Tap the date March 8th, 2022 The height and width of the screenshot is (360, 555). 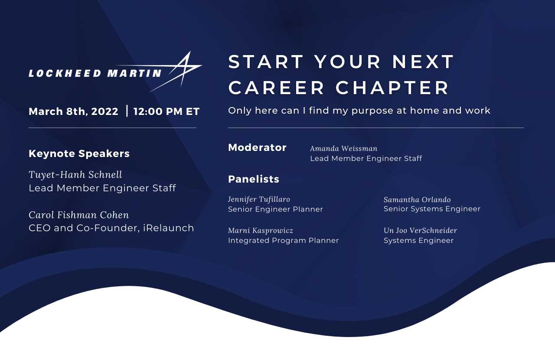point(73,111)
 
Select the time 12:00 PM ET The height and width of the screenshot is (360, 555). point(166,111)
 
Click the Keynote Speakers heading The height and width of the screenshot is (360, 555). point(79,154)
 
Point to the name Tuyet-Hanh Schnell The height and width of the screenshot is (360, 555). point(75,174)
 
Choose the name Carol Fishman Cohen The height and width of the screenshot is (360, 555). point(79,215)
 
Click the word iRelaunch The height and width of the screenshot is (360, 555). point(169,228)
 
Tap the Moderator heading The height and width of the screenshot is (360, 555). point(257,147)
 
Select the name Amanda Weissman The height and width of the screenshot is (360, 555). point(344,148)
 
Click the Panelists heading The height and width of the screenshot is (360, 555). point(254,179)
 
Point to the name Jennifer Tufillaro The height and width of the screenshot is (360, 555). point(259,200)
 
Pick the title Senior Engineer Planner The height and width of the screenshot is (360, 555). point(275,209)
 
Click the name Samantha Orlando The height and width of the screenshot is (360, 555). point(417,200)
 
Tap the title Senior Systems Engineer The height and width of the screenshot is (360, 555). point(432,209)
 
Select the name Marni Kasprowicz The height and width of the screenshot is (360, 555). point(261,231)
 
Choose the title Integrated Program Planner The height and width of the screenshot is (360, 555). point(283,240)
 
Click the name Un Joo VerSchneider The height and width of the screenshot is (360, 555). point(420,231)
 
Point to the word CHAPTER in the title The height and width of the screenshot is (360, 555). point(392,88)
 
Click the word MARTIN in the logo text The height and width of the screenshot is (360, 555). point(134,73)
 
